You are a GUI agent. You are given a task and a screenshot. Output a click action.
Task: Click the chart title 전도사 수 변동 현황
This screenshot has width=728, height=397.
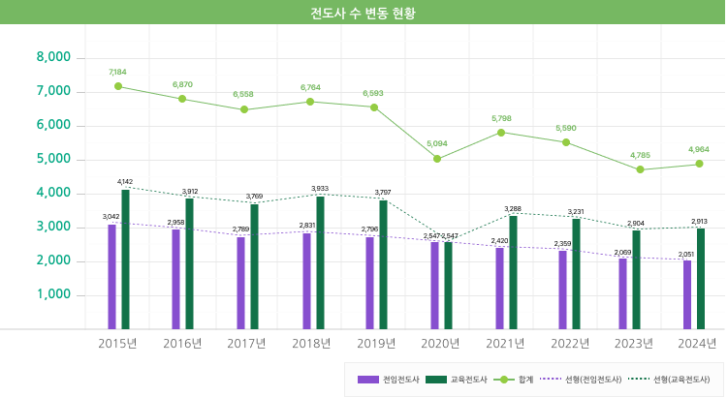point(363,14)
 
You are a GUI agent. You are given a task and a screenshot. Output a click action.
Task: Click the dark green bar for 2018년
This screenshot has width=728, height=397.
point(319,262)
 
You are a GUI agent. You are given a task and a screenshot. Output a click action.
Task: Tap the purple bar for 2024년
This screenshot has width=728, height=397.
point(687,294)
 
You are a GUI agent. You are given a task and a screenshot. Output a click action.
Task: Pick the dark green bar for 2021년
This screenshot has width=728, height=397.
point(513,272)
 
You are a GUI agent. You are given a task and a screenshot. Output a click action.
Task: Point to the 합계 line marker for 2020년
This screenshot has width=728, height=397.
point(437,159)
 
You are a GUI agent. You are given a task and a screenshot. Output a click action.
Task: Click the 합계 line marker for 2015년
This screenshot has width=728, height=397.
point(118,86)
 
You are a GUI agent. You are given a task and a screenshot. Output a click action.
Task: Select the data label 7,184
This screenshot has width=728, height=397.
point(118,72)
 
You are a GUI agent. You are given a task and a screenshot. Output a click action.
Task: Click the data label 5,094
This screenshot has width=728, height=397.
point(437,144)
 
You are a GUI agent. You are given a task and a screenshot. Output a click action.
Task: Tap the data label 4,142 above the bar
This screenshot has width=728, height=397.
point(125,182)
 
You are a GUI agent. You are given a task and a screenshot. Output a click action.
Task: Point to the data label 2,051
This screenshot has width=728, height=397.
point(686,253)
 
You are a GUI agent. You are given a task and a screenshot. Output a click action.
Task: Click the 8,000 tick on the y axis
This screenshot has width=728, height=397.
point(53,57)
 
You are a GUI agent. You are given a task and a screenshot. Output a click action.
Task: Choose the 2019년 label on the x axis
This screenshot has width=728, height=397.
point(376,343)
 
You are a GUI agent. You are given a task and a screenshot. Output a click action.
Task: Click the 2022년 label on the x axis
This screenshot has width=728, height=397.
point(568,343)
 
